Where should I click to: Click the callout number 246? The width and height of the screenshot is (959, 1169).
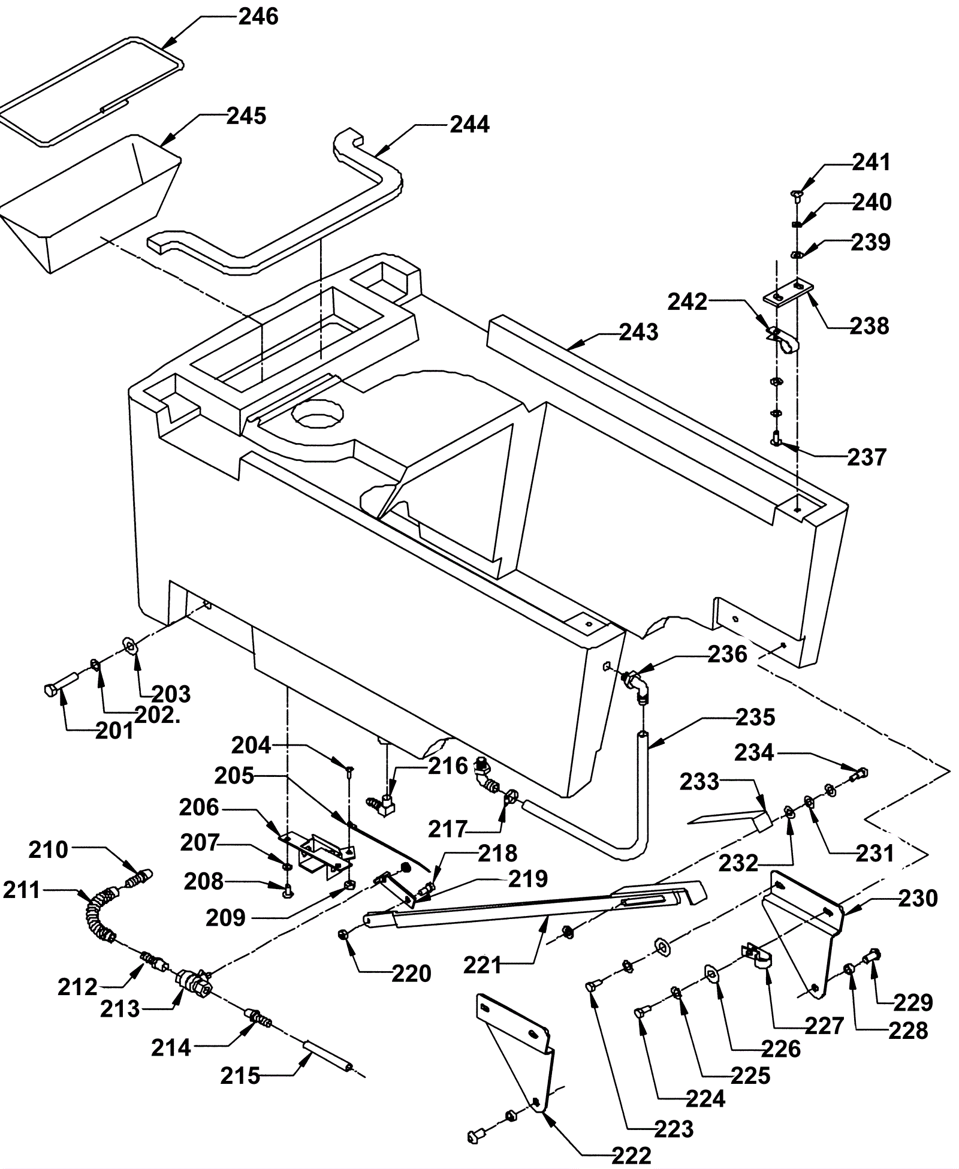[258, 17]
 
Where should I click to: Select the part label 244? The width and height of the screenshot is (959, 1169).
[469, 124]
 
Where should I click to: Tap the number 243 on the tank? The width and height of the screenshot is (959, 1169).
[638, 332]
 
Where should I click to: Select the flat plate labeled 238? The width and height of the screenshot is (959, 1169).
[788, 293]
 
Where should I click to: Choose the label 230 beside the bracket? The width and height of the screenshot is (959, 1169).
[918, 898]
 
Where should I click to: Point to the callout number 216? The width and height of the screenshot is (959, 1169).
[448, 766]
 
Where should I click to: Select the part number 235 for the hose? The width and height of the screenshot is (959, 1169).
[755, 717]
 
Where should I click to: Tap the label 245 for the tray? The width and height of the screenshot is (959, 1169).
[246, 116]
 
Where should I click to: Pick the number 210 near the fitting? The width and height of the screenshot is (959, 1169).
[49, 849]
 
